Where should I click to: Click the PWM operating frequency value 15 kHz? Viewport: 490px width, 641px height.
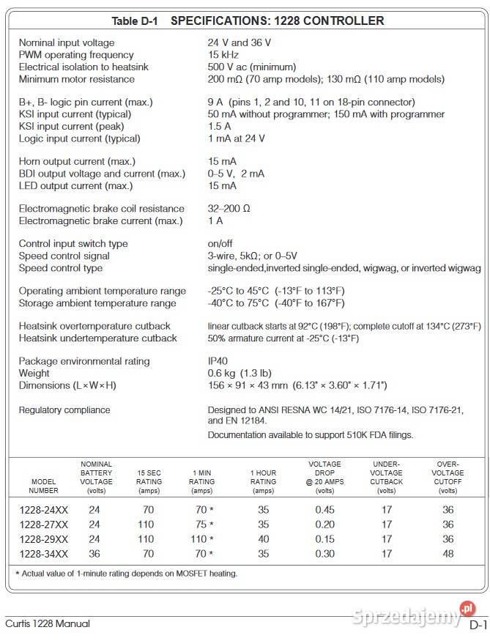(224, 55)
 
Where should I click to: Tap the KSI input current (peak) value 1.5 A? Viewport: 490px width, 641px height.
(219, 126)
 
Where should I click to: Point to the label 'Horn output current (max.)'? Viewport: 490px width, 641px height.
(77, 161)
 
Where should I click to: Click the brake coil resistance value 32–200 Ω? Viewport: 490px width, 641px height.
(229, 209)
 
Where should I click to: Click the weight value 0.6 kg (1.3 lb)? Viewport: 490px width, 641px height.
(239, 373)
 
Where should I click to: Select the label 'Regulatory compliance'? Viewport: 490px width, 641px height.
(64, 410)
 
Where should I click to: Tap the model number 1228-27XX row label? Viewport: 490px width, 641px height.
(43, 525)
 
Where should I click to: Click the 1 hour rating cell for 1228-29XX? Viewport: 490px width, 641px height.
(263, 539)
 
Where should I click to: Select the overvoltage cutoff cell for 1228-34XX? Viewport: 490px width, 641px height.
(448, 554)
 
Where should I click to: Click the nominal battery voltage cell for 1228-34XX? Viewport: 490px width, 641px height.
(94, 554)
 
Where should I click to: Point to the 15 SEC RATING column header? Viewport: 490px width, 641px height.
(149, 481)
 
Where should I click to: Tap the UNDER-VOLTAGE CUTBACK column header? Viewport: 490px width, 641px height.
(386, 477)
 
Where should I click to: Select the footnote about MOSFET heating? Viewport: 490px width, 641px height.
(127, 574)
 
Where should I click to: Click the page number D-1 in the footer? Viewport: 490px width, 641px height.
(477, 625)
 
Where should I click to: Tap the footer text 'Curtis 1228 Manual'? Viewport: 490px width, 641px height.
(48, 624)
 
